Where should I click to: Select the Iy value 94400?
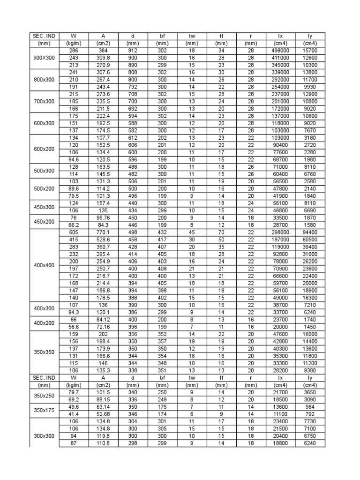click(310, 225)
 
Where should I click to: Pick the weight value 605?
click(74, 225)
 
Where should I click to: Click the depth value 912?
click(133, 51)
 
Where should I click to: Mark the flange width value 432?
click(163, 225)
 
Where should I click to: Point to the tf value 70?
click(222, 225)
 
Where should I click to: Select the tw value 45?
click(192, 225)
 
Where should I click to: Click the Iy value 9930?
click(310, 87)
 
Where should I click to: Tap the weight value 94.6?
click(74, 159)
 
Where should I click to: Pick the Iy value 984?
click(310, 407)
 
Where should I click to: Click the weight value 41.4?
click(74, 414)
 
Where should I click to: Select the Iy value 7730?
click(310, 421)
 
